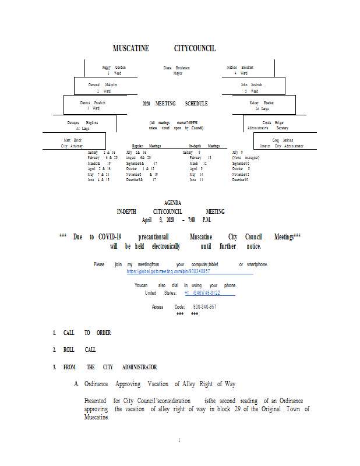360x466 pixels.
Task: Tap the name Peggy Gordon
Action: (114, 68)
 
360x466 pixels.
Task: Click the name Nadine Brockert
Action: (240, 68)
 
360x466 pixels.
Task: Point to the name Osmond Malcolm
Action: (103, 85)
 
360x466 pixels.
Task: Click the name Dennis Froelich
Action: (93, 103)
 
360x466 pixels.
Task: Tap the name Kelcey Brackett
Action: (262, 103)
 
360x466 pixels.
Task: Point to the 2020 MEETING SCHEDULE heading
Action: (175, 104)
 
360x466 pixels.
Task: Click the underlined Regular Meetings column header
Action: (146, 146)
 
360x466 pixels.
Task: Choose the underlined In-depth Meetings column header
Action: (204, 146)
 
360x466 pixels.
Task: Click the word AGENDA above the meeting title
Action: (177, 203)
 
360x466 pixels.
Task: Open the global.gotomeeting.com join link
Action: (168, 271)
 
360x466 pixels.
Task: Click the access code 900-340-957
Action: (204, 307)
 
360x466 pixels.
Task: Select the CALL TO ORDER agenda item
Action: (87, 333)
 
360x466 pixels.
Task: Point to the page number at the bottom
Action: (179, 440)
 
